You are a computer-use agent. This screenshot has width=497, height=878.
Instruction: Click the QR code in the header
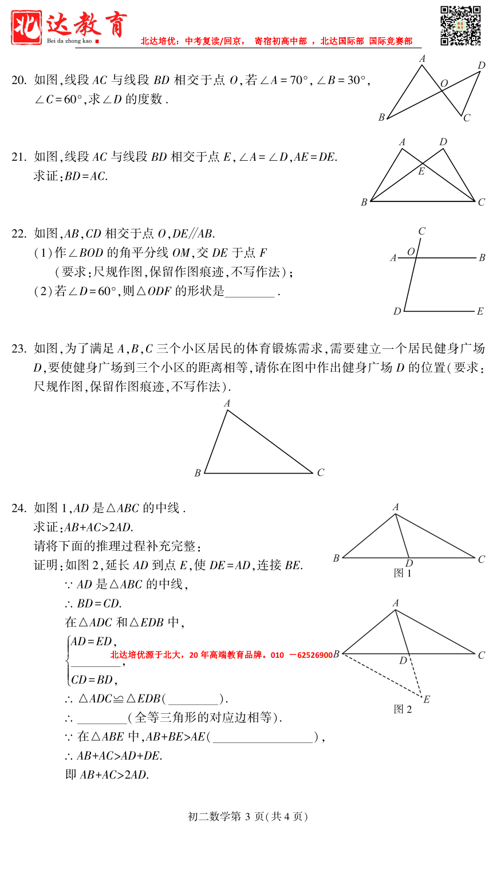pyautogui.click(x=460, y=26)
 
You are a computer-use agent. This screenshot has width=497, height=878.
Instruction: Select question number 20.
pyautogui.click(x=18, y=81)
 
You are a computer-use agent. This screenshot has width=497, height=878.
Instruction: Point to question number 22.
pyautogui.click(x=18, y=233)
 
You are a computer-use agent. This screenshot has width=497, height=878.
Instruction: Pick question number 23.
pyautogui.click(x=18, y=348)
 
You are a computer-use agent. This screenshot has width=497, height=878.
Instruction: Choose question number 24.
pyautogui.click(x=18, y=508)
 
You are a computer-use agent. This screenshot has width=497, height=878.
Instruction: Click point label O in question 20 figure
pyautogui.click(x=444, y=84)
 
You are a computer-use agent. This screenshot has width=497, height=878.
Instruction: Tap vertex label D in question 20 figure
pyautogui.click(x=482, y=66)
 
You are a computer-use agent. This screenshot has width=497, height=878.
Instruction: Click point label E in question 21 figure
pyautogui.click(x=421, y=171)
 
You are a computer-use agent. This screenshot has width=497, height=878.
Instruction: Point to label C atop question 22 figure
pyautogui.click(x=422, y=232)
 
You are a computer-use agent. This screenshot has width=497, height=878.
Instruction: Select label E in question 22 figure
pyautogui.click(x=480, y=312)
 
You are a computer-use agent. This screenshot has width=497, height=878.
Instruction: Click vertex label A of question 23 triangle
pyautogui.click(x=227, y=404)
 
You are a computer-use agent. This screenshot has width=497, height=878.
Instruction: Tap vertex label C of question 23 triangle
pyautogui.click(x=321, y=472)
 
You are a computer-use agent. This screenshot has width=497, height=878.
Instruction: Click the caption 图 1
pyautogui.click(x=403, y=573)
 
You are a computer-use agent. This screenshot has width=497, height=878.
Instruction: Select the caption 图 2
pyautogui.click(x=403, y=709)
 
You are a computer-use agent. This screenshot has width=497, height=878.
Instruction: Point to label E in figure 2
pyautogui.click(x=427, y=700)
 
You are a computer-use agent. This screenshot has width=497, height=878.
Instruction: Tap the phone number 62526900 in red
pyautogui.click(x=314, y=655)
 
